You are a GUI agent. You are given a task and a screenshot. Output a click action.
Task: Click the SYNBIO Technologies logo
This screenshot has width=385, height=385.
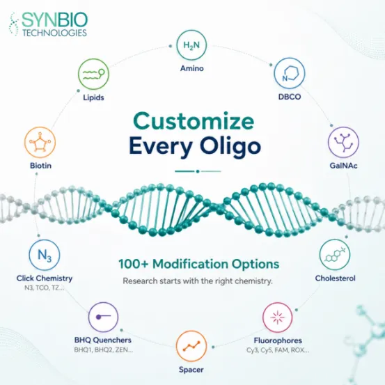pos(48,24)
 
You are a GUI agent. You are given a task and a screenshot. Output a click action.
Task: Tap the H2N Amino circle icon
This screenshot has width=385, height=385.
pos(191,45)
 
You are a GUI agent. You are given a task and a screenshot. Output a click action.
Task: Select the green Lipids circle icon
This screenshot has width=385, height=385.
pos(93,74)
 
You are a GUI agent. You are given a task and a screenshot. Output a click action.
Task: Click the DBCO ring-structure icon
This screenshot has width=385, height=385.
pos(290,73)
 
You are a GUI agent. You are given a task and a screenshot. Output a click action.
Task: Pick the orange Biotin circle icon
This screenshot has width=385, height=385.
pos(40,142)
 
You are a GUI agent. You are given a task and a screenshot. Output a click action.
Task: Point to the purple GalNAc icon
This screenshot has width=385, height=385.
pos(343,142)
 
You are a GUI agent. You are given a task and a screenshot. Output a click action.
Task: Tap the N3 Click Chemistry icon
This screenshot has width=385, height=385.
pos(45,255)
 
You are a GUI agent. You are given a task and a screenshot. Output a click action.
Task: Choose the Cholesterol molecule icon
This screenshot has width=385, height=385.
pos(335,255)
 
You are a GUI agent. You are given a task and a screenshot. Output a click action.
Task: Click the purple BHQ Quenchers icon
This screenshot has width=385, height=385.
pos(103,317)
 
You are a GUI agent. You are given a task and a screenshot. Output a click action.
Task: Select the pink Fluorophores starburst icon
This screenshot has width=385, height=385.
pos(278,317)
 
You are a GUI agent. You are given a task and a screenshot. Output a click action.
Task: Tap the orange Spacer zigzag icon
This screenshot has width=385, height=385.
pos(191,346)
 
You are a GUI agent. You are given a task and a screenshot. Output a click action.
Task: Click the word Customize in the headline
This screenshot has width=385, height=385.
pos(194,121)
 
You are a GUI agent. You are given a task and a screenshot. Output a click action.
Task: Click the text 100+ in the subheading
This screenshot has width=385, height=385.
pos(134,264)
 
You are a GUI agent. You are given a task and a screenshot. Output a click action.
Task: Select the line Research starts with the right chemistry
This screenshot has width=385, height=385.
pos(198,281)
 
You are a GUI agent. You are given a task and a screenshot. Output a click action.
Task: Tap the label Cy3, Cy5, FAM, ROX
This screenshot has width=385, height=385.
pos(278,350)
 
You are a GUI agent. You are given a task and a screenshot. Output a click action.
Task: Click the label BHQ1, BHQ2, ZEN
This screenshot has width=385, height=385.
pos(103,349)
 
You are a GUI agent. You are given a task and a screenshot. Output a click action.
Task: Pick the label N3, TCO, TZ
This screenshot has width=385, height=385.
pos(45,288)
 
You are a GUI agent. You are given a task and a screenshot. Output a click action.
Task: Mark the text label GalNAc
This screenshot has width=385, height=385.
pos(343,166)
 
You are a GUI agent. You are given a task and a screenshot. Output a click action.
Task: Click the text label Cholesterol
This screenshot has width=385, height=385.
pos(335,278)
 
